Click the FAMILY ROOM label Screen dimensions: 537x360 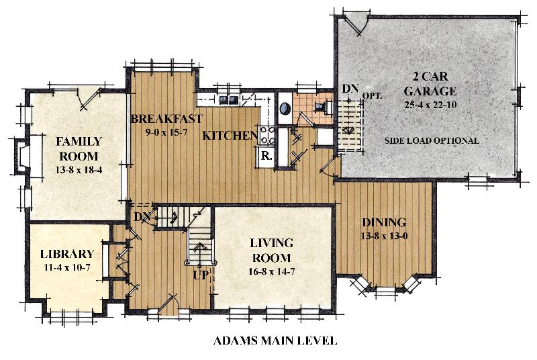(x=79, y=148)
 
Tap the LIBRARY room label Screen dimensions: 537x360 (x=67, y=254)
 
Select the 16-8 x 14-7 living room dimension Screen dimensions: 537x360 (x=272, y=271)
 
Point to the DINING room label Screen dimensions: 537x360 (x=384, y=222)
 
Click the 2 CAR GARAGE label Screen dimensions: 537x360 (x=430, y=83)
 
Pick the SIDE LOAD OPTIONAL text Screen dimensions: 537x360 (x=432, y=140)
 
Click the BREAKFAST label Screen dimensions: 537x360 (x=166, y=118)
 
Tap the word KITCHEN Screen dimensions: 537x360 (x=230, y=136)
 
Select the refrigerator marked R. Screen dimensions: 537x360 (x=266, y=157)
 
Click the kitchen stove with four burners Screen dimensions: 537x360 (x=266, y=135)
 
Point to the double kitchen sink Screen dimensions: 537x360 (x=229, y=99)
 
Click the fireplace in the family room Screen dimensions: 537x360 (x=21, y=157)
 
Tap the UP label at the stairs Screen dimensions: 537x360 (x=200, y=275)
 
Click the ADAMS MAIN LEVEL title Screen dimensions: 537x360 (x=275, y=341)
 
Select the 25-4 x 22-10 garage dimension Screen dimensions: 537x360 (x=430, y=105)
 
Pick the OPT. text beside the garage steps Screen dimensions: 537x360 (x=372, y=96)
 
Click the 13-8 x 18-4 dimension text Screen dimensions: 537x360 (x=79, y=169)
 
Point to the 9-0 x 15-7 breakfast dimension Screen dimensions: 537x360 (x=166, y=132)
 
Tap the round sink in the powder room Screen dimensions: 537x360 (x=285, y=109)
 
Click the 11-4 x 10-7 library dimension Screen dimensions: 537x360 (x=67, y=267)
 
